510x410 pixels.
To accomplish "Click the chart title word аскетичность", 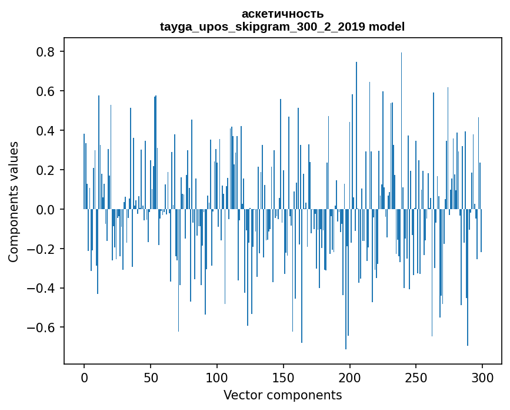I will (282, 14).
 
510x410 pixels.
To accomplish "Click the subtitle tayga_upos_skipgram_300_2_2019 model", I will (282, 27).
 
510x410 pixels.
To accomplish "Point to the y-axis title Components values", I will (13, 201).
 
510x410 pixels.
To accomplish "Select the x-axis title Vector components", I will (282, 395).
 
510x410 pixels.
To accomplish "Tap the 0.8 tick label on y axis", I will (45, 52).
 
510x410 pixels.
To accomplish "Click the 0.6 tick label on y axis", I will (45, 91).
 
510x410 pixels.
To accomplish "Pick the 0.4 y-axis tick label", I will (45, 131).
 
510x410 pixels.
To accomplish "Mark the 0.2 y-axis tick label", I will (45, 170).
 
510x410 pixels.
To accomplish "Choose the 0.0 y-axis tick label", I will (45, 210).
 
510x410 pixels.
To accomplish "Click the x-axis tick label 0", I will (84, 377).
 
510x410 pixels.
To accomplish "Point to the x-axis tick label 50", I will (151, 377).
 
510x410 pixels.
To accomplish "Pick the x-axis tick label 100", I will (217, 377).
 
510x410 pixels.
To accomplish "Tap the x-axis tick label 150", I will (284, 377).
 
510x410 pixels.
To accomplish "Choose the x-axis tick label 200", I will (350, 377).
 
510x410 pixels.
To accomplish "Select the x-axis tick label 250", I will (416, 377).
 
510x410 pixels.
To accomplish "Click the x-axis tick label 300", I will (482, 377).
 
